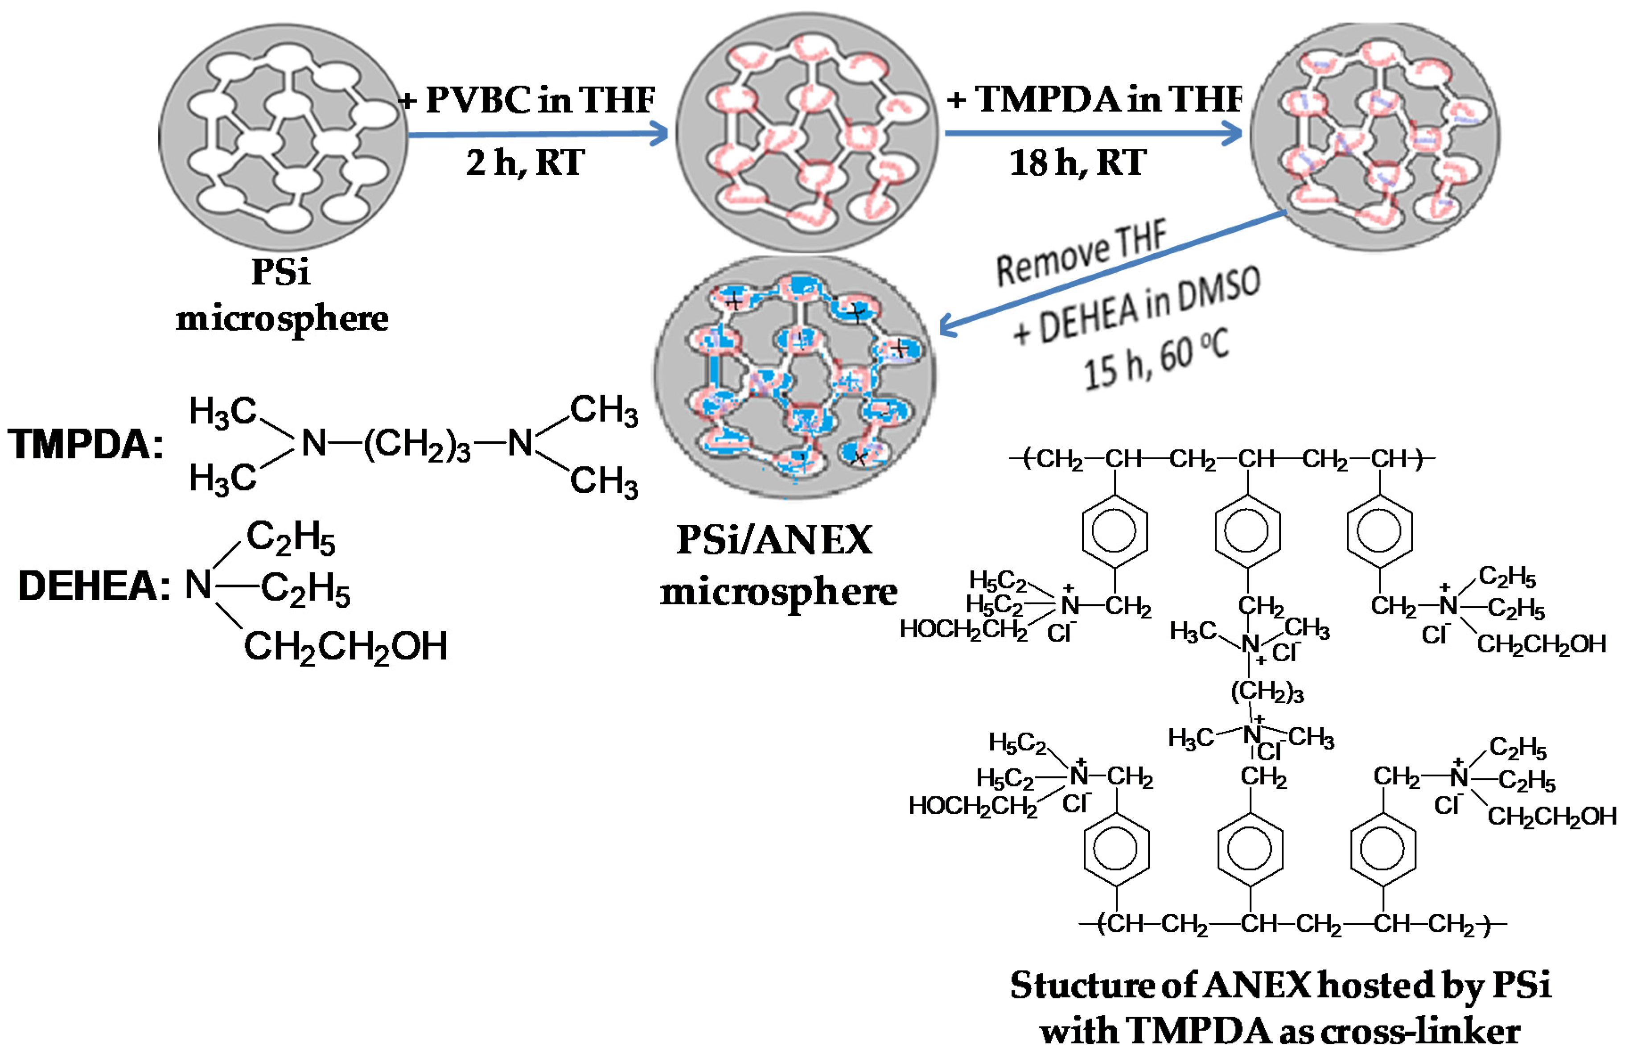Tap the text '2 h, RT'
(x=526, y=163)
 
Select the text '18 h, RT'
(x=1078, y=163)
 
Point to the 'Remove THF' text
(x=1082, y=253)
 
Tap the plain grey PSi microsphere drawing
(x=283, y=136)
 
